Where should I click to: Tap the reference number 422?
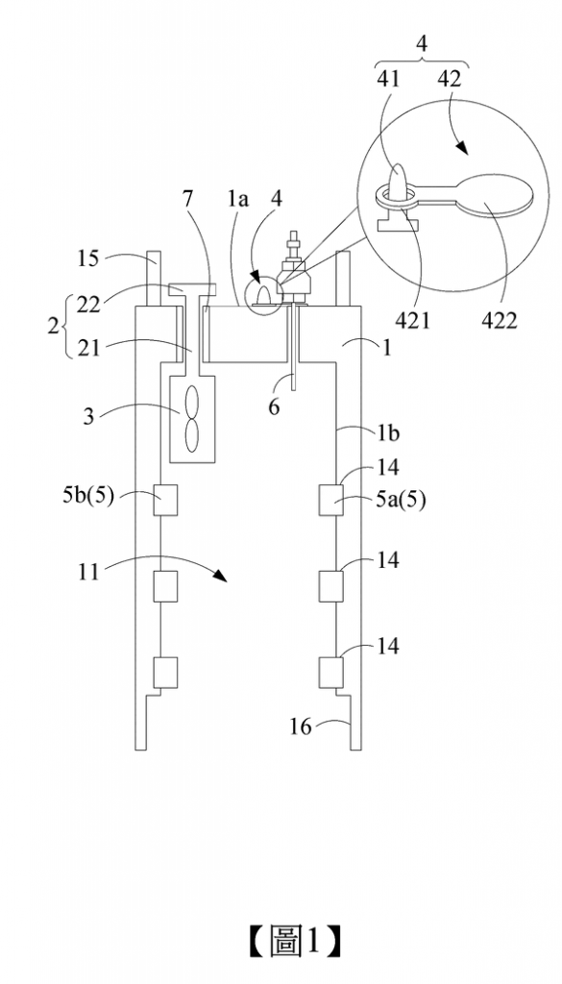pos(500,320)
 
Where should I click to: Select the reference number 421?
pos(412,320)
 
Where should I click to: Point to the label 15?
pos(90,258)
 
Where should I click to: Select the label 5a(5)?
pos(402,500)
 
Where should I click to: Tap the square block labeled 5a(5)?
pos(331,500)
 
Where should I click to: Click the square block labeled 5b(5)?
pos(166,500)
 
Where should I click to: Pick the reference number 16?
pos(301,726)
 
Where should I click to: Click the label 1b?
pos(388,434)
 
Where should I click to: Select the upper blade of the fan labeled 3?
pos(191,404)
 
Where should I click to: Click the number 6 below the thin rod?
pos(274,407)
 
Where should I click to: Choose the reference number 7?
pos(187,200)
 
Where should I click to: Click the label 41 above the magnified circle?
pos(389,79)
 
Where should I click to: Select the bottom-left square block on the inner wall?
pos(166,673)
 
